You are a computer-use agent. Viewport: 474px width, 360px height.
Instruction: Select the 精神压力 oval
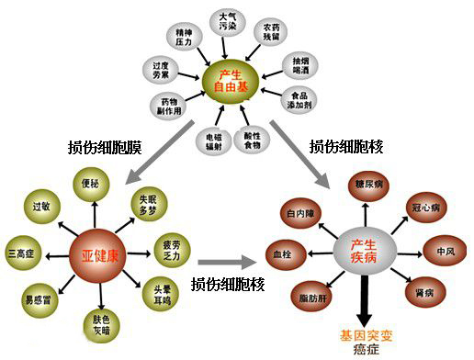pos(182,37)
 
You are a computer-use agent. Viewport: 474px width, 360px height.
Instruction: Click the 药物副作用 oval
pos(168,107)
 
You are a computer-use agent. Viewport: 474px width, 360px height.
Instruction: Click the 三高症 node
pos(23,251)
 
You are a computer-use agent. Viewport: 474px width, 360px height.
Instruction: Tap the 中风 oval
pos(446,250)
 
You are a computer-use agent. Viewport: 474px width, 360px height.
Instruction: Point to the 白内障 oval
pos(301,214)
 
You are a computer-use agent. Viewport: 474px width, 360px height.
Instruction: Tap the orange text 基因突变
pos(367,333)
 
